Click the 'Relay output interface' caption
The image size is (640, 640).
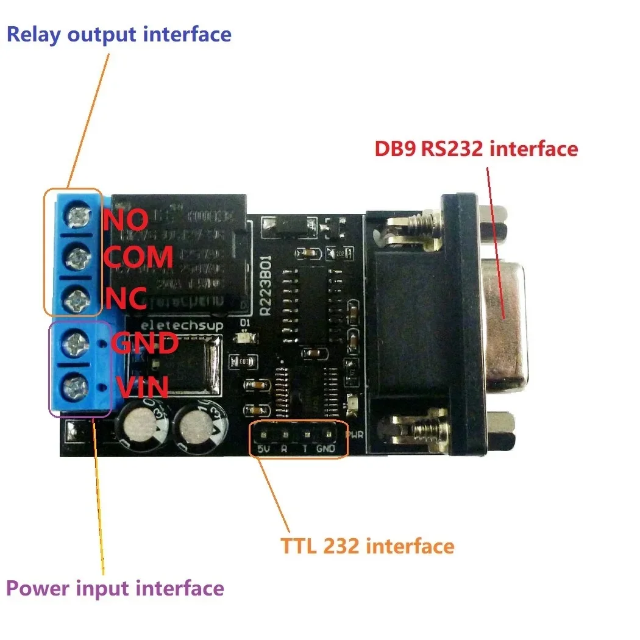pyautogui.click(x=119, y=34)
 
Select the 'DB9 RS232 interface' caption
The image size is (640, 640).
pyautogui.click(x=476, y=148)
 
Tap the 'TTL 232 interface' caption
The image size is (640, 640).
pyautogui.click(x=368, y=546)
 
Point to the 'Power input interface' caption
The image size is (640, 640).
pyautogui.click(x=115, y=589)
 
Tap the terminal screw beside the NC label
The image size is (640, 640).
pyautogui.click(x=78, y=299)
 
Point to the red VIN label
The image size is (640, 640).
pyautogui.click(x=141, y=387)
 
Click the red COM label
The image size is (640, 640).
pyautogui.click(x=138, y=257)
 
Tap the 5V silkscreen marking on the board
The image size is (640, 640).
pyautogui.click(x=263, y=450)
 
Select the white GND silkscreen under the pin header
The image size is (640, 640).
pyautogui.click(x=327, y=450)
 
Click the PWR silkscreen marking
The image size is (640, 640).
pyautogui.click(x=355, y=436)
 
